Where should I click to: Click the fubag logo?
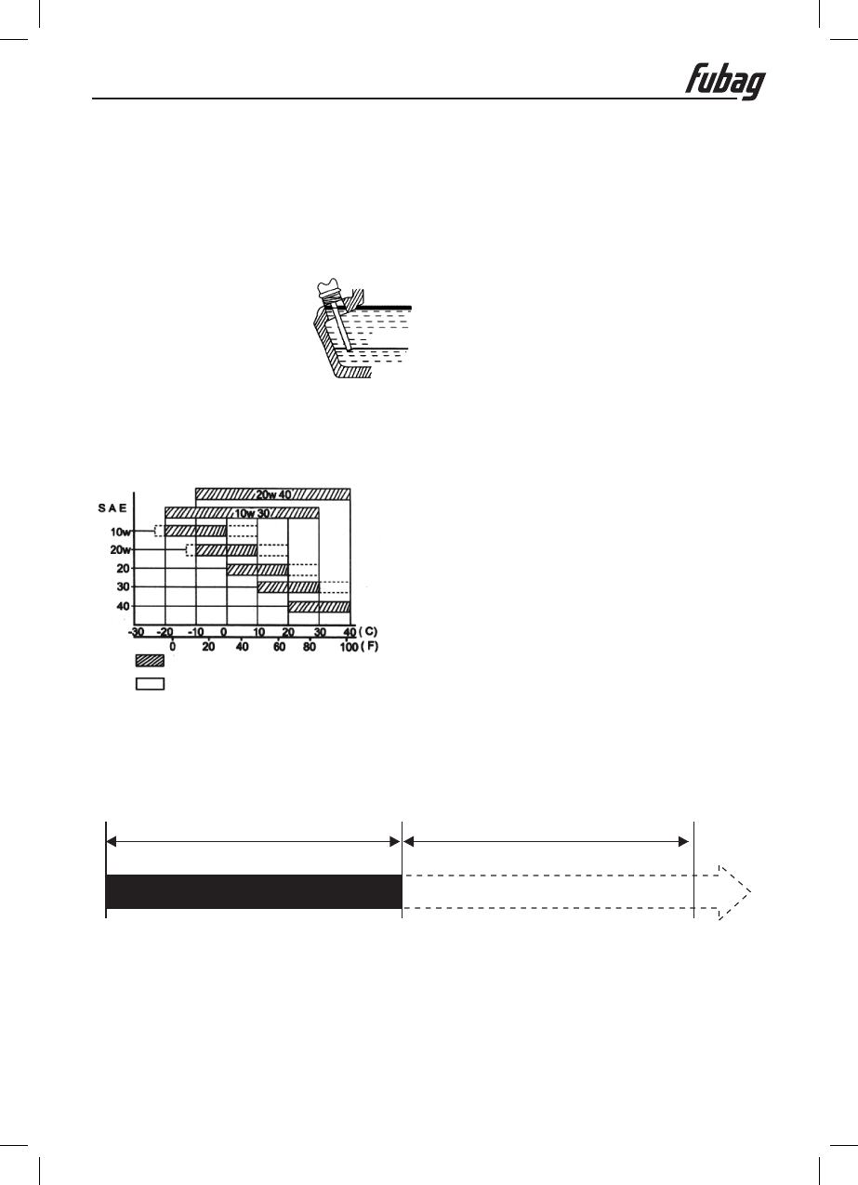pos(725,82)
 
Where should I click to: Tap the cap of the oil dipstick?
pos(331,289)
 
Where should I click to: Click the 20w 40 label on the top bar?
pos(273,494)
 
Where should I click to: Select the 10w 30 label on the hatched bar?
pos(252,513)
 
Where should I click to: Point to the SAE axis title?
pos(112,507)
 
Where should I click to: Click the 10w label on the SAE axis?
pos(120,532)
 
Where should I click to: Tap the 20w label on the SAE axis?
pos(120,549)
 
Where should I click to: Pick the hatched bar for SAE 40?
pos(319,607)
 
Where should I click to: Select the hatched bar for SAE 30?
pos(288,587)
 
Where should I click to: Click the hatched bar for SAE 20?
pos(257,570)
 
